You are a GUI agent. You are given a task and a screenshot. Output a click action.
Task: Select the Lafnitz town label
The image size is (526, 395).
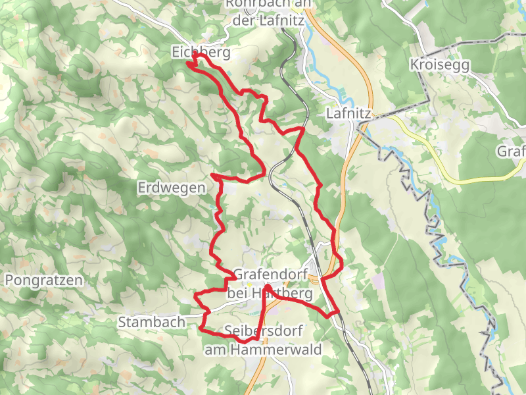(348, 114)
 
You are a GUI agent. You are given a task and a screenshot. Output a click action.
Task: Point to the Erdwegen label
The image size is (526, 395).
(172, 188)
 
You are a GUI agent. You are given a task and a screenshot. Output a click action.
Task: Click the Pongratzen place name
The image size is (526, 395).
(44, 280)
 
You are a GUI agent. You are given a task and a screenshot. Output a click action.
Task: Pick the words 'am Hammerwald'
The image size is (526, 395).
(263, 350)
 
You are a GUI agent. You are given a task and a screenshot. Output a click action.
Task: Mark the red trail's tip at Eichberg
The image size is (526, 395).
(189, 63)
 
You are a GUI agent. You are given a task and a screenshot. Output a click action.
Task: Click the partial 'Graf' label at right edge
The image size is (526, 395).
(512, 151)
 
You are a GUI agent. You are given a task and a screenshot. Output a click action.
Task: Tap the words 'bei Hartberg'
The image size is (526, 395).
(270, 293)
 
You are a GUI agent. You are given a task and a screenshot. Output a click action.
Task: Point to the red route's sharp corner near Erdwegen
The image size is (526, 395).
(212, 176)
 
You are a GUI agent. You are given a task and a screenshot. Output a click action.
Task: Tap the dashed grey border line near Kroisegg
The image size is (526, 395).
(460, 42)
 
